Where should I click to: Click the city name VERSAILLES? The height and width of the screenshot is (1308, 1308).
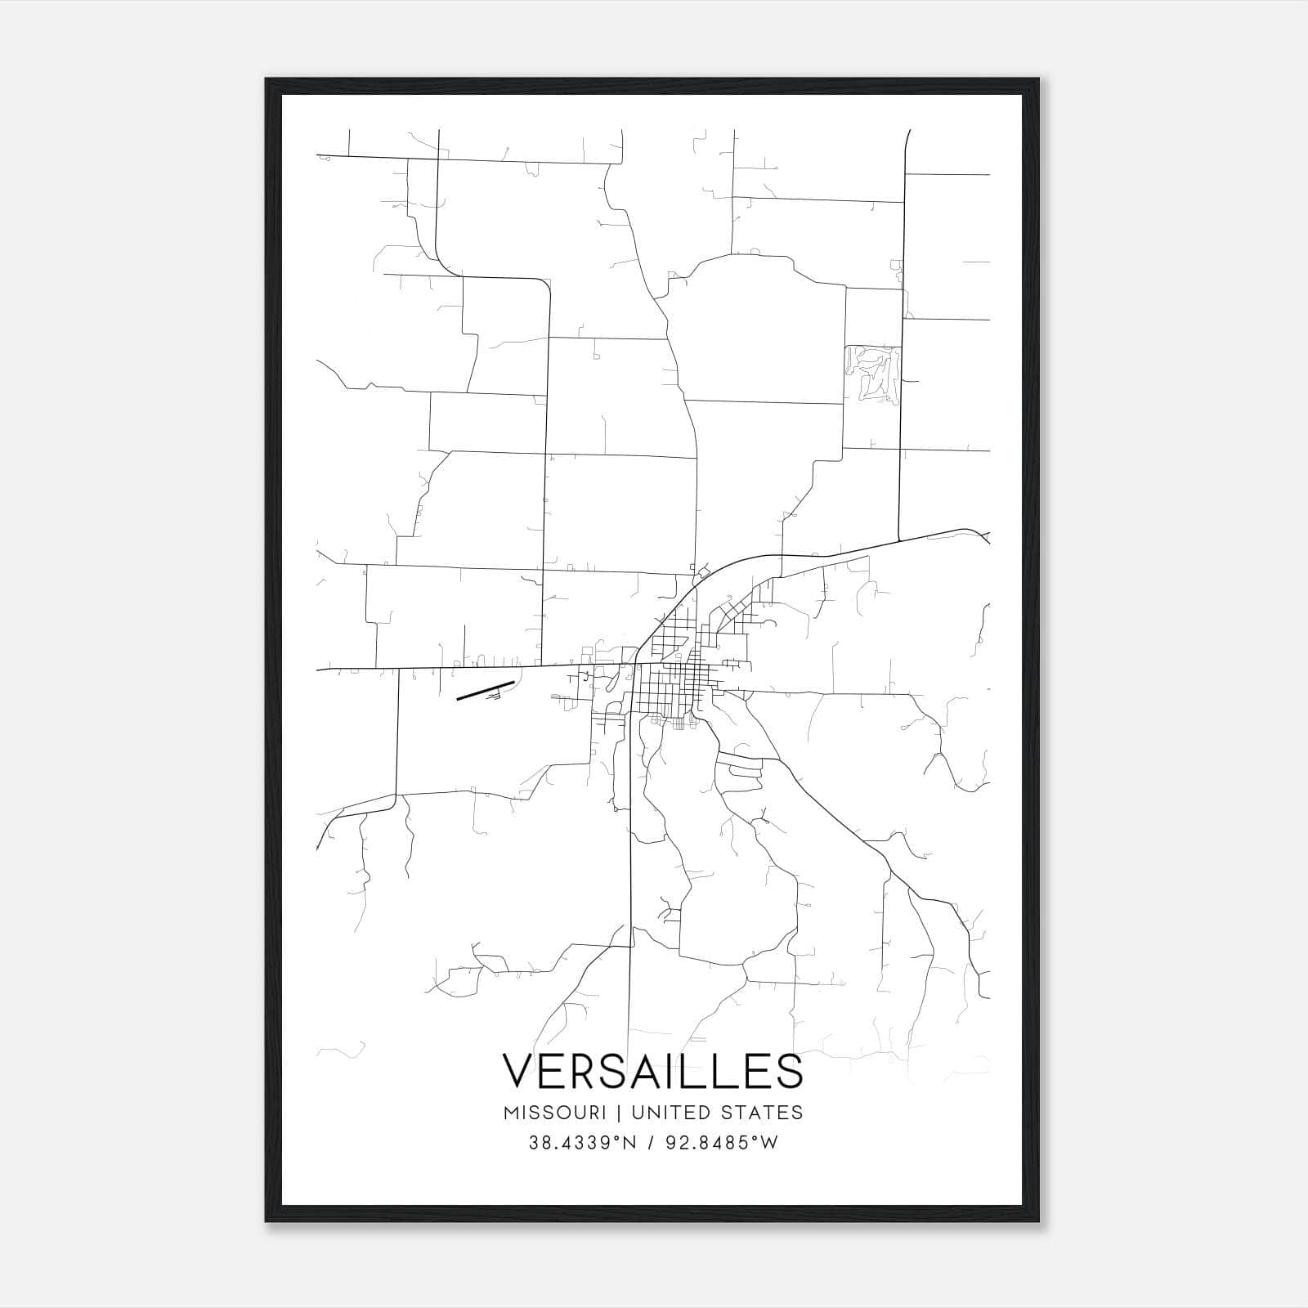pos(652,1071)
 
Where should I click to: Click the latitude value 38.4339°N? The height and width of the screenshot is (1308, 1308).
pos(581,1144)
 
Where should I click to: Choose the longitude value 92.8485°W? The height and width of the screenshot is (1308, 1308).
pos(721,1144)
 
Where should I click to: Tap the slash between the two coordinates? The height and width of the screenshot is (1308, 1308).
pos(651,1144)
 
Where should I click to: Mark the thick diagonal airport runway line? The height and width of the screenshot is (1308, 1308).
pos(485,691)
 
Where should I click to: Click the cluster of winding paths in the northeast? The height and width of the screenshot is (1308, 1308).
pos(872,373)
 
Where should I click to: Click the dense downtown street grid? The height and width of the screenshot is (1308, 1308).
pos(674,674)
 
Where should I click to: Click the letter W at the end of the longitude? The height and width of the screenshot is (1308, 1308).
pos(769,1144)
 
